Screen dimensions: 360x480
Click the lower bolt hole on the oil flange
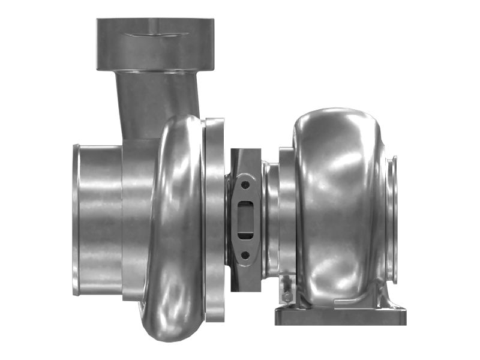pos(245,255)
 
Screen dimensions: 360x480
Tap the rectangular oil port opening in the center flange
pos(245,218)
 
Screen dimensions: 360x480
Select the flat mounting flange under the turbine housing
pos(340,316)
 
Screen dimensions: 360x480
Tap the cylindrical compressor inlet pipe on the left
pos(99,219)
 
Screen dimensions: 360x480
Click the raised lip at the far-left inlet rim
pos(76,219)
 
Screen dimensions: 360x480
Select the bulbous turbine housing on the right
pos(339,204)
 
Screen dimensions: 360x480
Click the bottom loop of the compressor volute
pos(171,324)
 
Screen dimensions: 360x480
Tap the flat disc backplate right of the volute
pos(215,219)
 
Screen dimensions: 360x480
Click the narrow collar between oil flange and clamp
pos(268,219)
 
